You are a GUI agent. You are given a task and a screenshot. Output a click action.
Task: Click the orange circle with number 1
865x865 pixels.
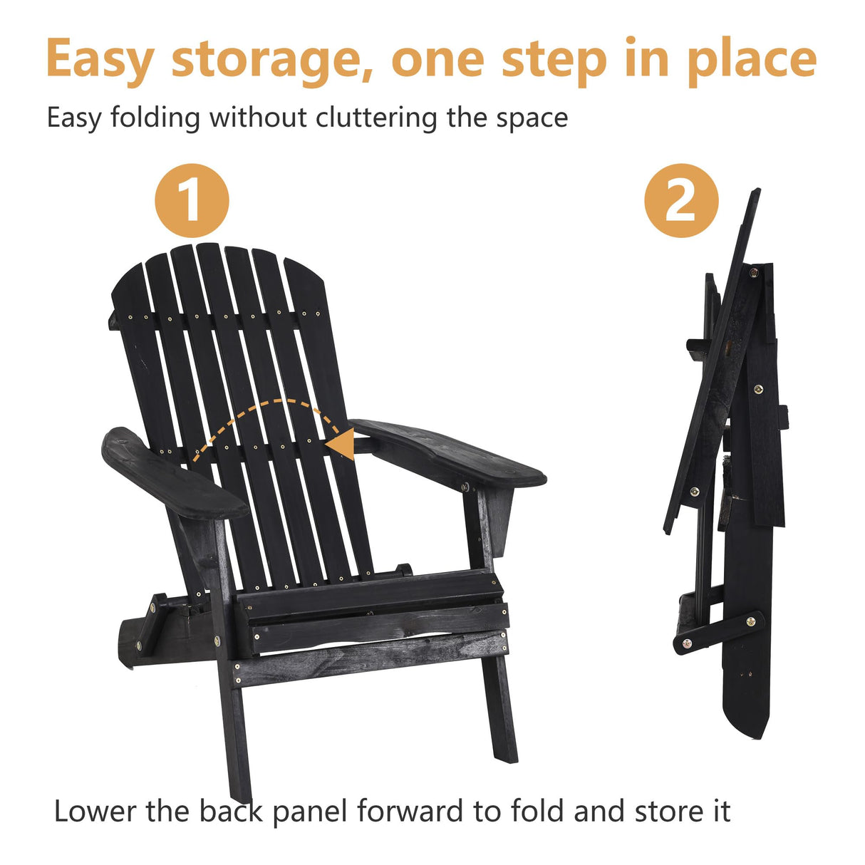192,200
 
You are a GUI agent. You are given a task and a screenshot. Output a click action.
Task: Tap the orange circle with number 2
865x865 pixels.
680,200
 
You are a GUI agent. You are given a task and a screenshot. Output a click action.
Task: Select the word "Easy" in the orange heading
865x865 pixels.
99,61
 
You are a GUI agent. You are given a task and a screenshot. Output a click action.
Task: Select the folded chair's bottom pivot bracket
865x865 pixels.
716,631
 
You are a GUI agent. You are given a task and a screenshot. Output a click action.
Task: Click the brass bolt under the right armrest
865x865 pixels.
466,487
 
